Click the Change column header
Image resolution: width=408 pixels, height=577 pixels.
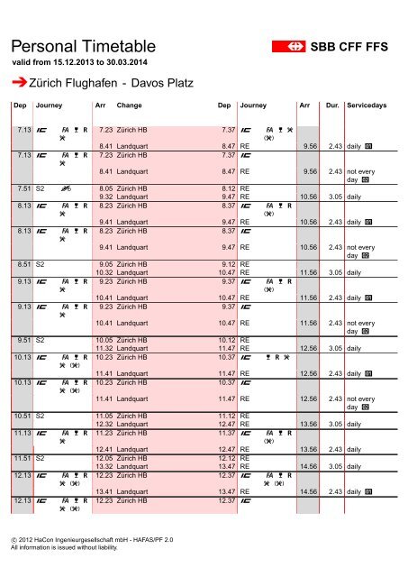(130, 105)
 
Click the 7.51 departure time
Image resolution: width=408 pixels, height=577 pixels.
(25, 188)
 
